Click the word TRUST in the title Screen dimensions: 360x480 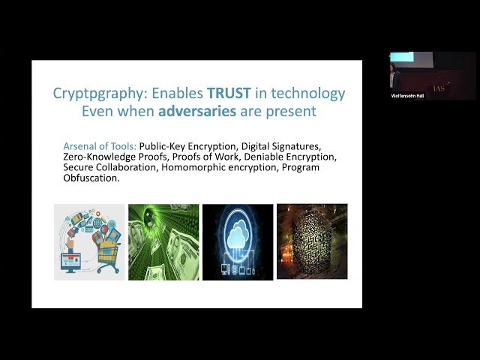pyautogui.click(x=217, y=94)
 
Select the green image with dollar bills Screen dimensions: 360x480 pyautogui.click(x=163, y=241)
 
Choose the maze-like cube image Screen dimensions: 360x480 pyautogui.click(x=312, y=241)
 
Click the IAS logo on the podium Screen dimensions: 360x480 pyautogui.click(x=438, y=88)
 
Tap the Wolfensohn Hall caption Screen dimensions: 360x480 pyautogui.click(x=409, y=96)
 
